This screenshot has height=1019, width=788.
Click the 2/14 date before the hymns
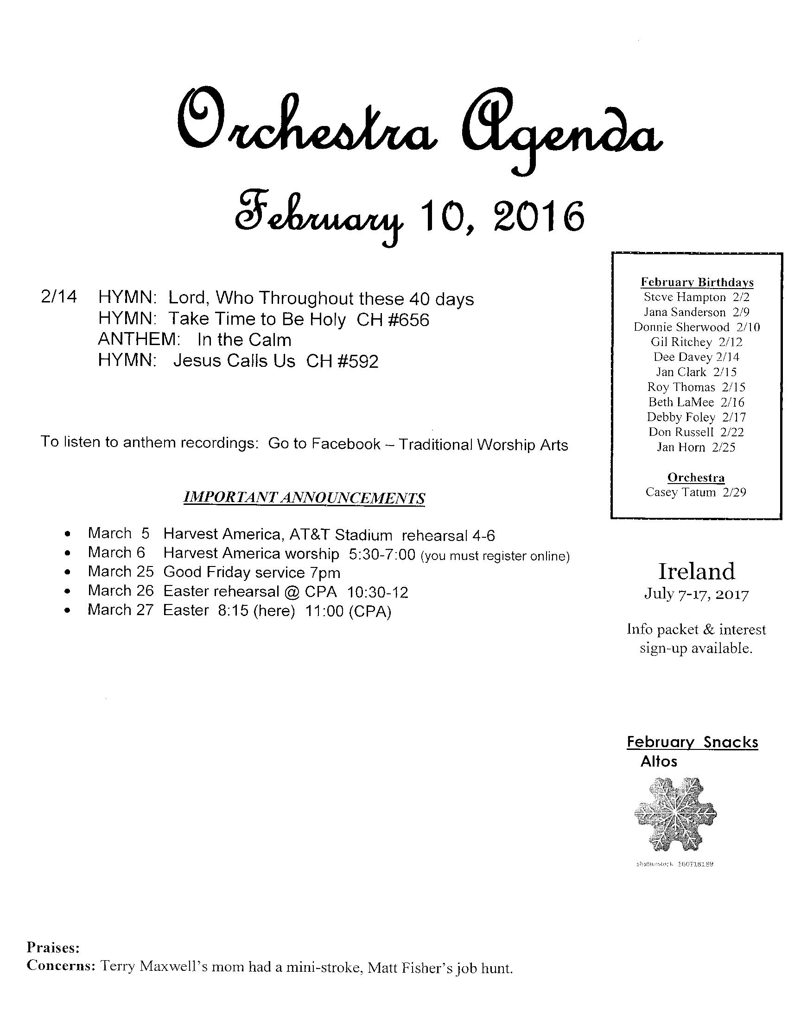(x=58, y=297)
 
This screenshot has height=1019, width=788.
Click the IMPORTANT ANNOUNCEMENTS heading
(x=305, y=498)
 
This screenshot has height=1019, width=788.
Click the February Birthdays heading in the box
(x=697, y=282)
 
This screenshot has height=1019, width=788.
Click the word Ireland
(x=696, y=571)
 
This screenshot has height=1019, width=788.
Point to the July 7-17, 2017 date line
(x=696, y=594)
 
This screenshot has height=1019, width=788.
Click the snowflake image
(x=675, y=815)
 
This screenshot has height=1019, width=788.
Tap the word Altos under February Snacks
(x=658, y=761)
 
